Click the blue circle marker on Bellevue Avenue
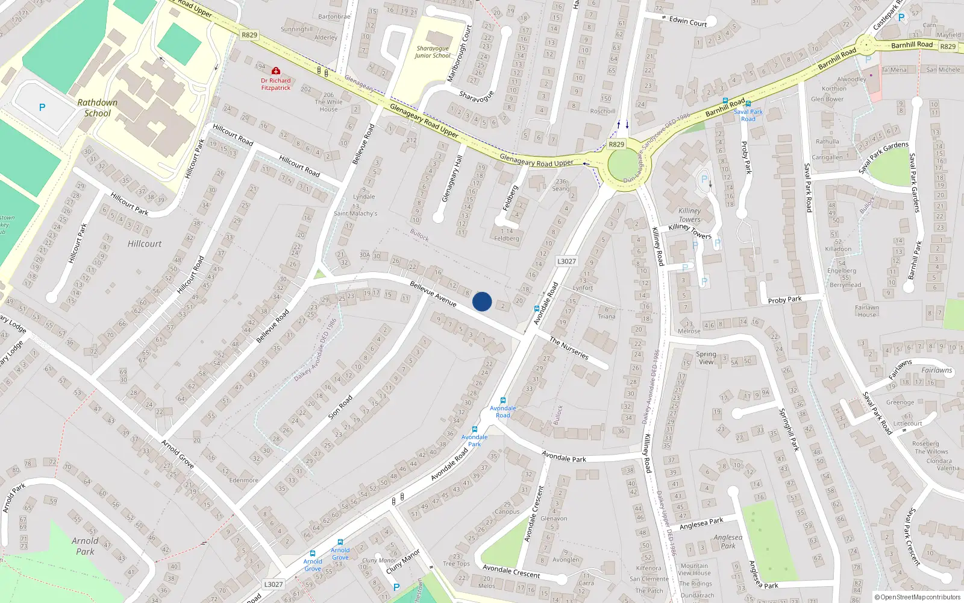pyautogui.click(x=482, y=301)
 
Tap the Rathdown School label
pyautogui.click(x=97, y=108)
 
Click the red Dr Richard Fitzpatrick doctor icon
pyautogui.click(x=276, y=71)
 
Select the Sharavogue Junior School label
pyautogui.click(x=433, y=52)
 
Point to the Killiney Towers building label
pyautogui.click(x=689, y=215)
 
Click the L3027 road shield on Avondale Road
pyautogui.click(x=566, y=261)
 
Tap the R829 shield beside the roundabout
pyautogui.click(x=616, y=144)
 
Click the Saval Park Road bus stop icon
pyautogui.click(x=748, y=104)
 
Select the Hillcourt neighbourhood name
pyautogui.click(x=145, y=244)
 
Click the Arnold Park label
pyautogui.click(x=85, y=546)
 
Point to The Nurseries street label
pyautogui.click(x=569, y=348)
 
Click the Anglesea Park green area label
pyautogui.click(x=728, y=541)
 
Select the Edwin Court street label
pyautogui.click(x=688, y=22)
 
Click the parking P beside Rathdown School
pyautogui.click(x=42, y=107)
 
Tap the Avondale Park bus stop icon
pyautogui.click(x=475, y=429)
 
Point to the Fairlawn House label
pyautogui.click(x=867, y=311)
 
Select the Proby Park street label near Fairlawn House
pyautogui.click(x=784, y=300)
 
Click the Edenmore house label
pyautogui.click(x=243, y=481)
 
